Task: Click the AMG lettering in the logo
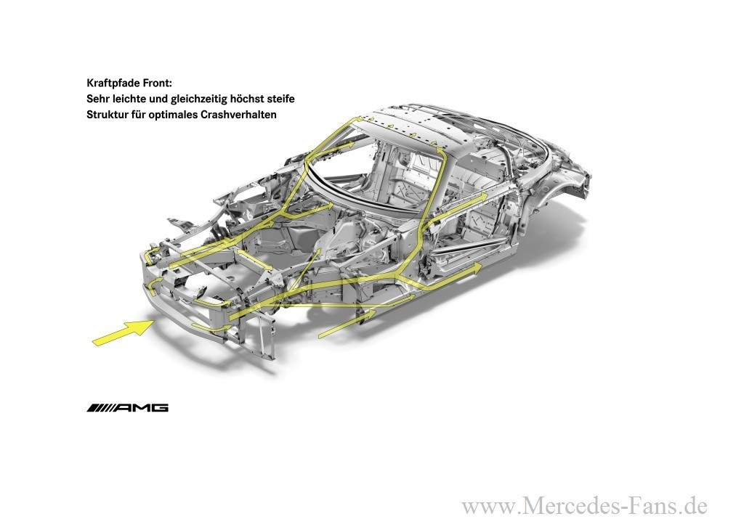[142, 408]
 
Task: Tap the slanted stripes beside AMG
[100, 408]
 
